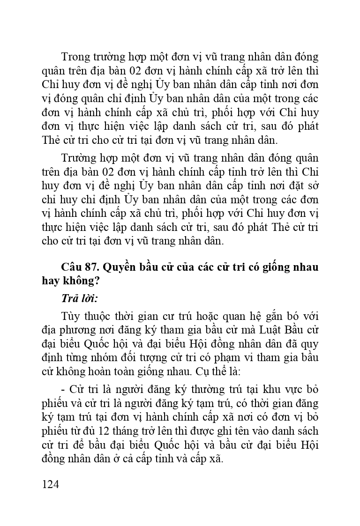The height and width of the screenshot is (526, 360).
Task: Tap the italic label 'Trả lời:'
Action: pyautogui.click(x=79, y=298)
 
